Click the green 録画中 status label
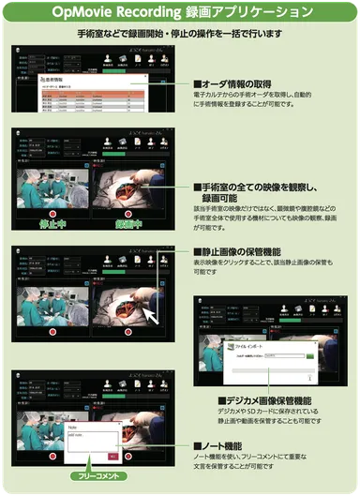coord(128,225)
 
